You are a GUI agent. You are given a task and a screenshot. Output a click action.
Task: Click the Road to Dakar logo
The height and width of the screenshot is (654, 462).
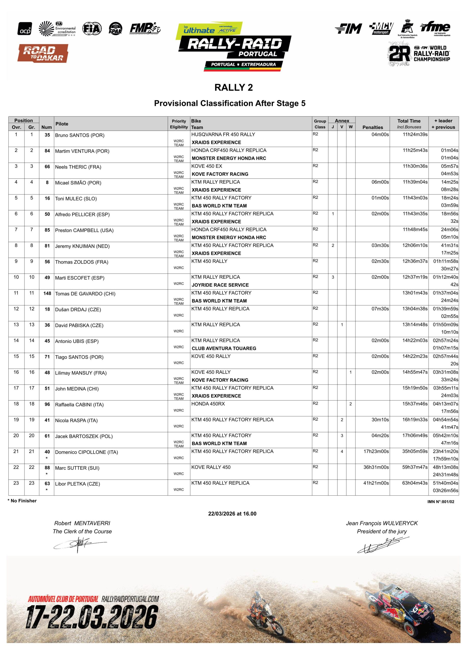pos(43,53)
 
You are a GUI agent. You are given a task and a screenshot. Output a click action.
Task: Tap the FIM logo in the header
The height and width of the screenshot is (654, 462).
pos(348,28)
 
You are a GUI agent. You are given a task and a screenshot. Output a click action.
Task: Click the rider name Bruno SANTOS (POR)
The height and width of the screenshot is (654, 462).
pos(79,135)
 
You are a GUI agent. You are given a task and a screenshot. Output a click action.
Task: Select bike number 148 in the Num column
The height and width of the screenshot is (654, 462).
pos(47,293)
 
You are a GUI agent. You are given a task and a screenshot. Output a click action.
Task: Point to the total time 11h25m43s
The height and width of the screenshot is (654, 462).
pos(415,150)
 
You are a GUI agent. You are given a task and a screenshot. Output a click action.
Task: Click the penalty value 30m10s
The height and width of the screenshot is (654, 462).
pos(380,419)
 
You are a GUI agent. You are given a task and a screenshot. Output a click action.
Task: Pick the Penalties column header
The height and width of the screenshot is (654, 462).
pos(372,127)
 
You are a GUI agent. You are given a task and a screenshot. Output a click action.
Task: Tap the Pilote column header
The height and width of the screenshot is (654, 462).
pos(62,124)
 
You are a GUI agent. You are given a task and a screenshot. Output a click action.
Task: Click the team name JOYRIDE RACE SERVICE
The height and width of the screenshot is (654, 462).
pos(220,285)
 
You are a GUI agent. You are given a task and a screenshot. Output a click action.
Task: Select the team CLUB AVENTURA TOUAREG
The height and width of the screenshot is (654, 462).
pos(224,348)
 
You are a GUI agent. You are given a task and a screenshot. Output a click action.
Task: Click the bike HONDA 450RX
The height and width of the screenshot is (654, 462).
pos(208,404)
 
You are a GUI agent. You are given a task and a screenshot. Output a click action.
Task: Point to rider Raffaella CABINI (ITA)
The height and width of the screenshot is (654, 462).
pos(79,404)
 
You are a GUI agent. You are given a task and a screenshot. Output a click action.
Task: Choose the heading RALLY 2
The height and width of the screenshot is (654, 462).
pos(234,87)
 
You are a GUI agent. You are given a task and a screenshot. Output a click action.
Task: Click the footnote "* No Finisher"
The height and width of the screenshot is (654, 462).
pos(22,501)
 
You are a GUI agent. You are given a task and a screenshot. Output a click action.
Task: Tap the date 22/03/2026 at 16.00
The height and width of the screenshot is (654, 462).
pos(232,513)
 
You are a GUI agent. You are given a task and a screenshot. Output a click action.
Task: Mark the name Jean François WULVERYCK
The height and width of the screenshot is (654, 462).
pos(382,523)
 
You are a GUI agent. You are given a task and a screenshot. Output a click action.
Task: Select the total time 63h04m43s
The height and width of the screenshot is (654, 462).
pos(415,483)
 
